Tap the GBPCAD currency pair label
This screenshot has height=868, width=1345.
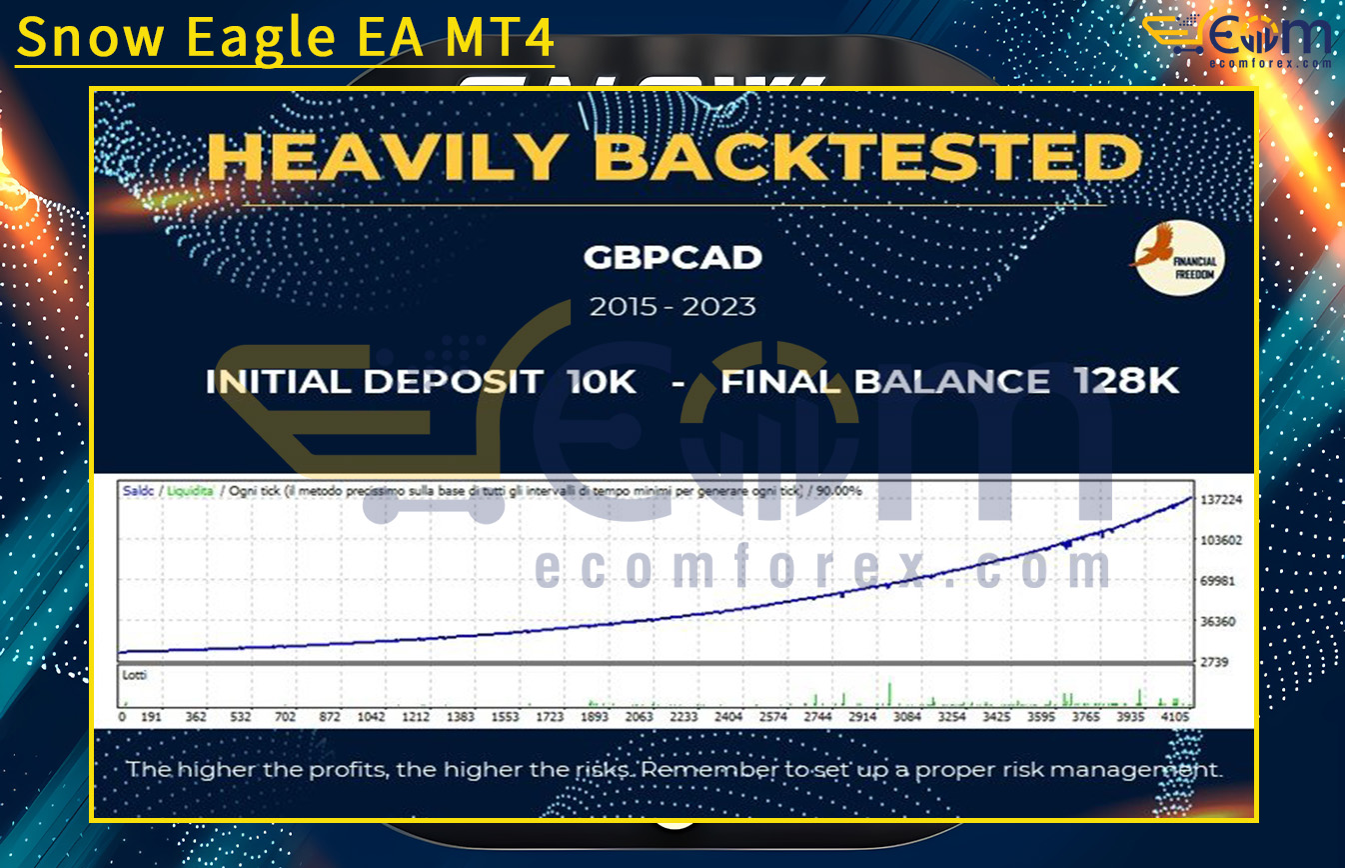click(672, 258)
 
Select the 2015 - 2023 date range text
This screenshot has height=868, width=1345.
click(672, 306)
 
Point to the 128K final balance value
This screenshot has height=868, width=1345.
click(1126, 381)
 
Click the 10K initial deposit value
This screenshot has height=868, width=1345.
click(601, 381)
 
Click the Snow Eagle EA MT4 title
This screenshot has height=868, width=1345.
click(286, 38)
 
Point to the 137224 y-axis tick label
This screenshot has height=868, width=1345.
click(1221, 499)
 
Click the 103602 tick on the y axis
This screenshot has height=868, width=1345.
click(1221, 540)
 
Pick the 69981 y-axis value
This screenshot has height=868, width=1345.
click(1217, 581)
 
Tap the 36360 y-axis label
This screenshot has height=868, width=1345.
click(1217, 621)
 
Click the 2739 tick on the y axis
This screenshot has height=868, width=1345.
click(1214, 662)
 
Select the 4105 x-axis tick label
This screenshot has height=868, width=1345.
click(1175, 717)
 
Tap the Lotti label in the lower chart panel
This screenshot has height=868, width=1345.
click(134, 676)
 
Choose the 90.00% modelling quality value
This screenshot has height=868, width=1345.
click(838, 491)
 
